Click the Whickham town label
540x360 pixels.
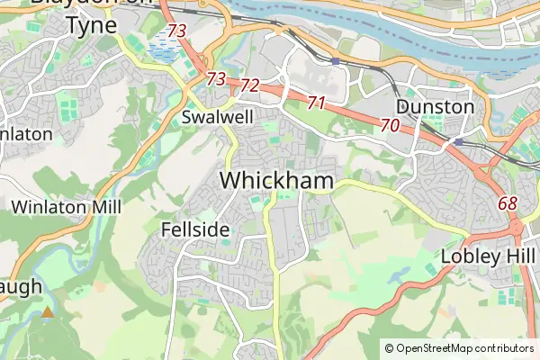point(276,180)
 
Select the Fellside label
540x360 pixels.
point(195,229)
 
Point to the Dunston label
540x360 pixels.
point(436,106)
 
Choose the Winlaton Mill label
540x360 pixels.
point(66,207)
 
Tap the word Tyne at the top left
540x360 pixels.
point(91,25)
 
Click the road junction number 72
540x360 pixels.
point(250,86)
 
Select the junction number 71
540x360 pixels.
point(315,103)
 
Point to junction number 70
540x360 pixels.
point(390,125)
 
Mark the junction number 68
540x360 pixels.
point(508,203)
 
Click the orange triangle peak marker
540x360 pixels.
point(47,312)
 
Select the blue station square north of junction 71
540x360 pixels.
point(335,61)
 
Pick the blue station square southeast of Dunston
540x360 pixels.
point(458,141)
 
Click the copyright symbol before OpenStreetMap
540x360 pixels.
point(389,347)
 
